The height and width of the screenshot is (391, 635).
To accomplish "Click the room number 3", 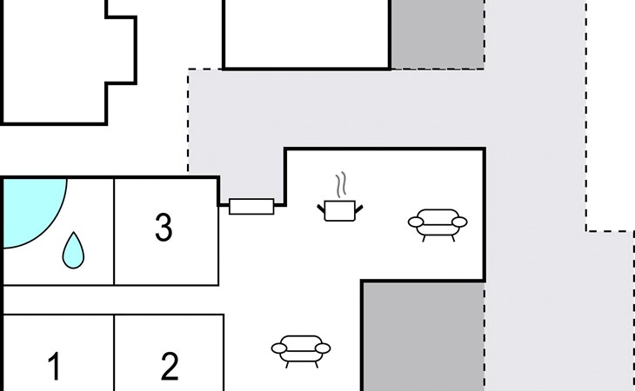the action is [x=164, y=228].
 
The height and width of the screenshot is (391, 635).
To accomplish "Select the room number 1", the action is [x=55, y=366].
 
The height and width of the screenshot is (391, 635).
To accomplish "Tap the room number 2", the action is [x=170, y=366].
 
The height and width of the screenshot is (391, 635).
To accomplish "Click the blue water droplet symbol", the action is [x=73, y=250].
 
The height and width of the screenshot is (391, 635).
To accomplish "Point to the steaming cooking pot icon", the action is [x=340, y=197].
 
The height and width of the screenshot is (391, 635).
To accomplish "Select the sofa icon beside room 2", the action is [x=301, y=351].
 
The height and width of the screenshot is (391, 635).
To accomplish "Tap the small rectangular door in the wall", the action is [x=251, y=206].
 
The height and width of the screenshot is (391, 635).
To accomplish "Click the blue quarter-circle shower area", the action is [x=31, y=210].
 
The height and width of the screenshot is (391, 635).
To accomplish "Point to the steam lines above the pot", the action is [x=341, y=185].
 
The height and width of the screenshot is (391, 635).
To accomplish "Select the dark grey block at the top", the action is [x=438, y=34].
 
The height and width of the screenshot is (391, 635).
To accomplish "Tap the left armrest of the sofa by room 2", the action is [x=279, y=348].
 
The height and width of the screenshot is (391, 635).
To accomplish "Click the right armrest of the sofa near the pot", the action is [x=459, y=222].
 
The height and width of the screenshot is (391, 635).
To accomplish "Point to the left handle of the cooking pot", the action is [x=321, y=209].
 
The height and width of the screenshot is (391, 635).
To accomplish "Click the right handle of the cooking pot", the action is [x=358, y=209].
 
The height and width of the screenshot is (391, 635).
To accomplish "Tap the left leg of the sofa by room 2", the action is [x=287, y=365].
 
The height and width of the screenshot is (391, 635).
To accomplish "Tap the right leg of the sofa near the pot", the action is [x=453, y=239].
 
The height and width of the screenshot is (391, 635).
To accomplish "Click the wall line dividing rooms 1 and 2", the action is [x=114, y=353].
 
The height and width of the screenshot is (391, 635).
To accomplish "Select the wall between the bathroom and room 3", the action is [x=114, y=232].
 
